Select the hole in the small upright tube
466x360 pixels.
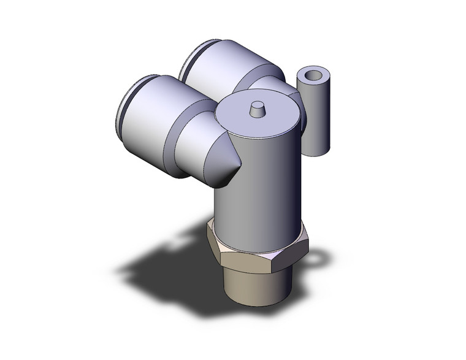click(312, 76)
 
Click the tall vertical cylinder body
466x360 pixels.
click(258, 184)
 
